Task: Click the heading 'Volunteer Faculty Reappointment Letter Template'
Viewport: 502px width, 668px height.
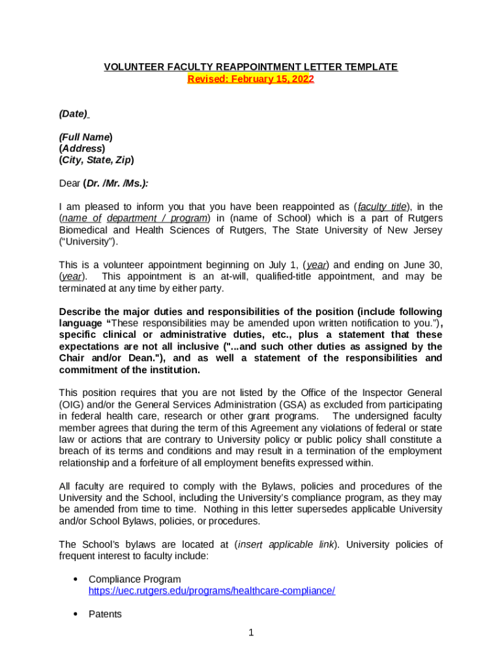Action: click(x=251, y=67)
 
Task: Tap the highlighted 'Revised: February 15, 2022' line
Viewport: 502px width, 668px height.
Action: click(x=251, y=79)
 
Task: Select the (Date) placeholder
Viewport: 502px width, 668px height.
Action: click(x=73, y=114)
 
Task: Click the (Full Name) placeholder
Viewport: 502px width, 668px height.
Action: click(x=85, y=137)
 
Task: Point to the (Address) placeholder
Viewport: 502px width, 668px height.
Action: click(x=81, y=148)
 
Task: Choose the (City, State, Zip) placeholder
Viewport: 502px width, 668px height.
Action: click(x=96, y=160)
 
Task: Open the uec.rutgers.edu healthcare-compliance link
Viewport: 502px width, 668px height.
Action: click(x=212, y=591)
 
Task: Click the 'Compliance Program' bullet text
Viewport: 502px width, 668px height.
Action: click(x=135, y=579)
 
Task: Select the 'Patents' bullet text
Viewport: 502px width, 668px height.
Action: click(x=105, y=615)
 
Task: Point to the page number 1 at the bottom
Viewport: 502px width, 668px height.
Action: click(x=251, y=632)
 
